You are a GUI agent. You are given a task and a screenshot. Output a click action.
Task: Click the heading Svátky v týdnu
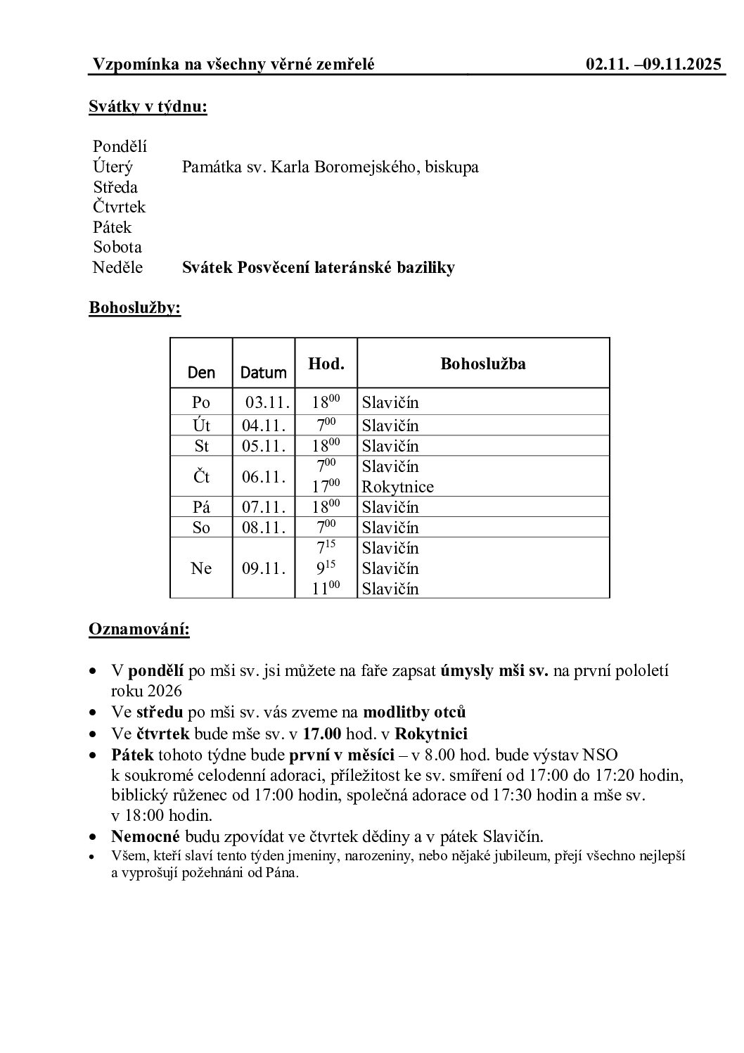coord(148,107)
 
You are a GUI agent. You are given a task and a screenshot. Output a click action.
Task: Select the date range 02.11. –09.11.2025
coord(653,65)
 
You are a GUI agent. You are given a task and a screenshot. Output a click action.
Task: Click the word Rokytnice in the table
coord(397,487)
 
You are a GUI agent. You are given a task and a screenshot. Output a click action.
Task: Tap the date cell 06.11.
coord(264,477)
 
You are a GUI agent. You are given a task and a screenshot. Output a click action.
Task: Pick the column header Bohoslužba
coord(482,364)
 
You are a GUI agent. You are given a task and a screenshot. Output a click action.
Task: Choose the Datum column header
coord(264,373)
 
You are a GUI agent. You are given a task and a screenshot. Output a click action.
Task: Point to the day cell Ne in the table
coord(201,568)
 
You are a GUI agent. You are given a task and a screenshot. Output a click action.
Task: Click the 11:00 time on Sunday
coord(326,588)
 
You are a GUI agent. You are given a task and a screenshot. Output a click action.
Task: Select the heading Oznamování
coord(139,629)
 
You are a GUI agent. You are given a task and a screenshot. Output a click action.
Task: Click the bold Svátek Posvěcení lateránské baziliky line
coord(318,267)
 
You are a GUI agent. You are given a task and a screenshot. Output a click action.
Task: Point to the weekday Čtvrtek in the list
coord(119,207)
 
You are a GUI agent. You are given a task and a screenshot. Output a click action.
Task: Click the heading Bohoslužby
coord(134,308)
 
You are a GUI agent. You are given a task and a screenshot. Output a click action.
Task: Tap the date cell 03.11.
coord(267,403)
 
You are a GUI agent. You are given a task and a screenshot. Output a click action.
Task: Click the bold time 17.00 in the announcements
coord(322,734)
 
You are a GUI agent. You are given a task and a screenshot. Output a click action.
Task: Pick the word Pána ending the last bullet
coord(282,874)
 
